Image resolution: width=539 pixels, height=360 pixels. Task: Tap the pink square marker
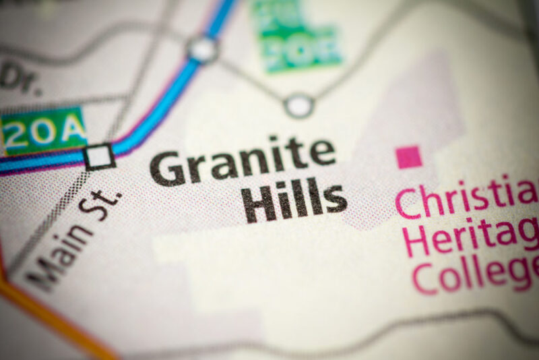(408, 157)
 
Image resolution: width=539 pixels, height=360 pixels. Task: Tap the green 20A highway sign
(44, 130)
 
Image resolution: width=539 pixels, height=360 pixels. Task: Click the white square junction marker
(100, 156)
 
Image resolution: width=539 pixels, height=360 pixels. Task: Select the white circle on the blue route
(202, 49)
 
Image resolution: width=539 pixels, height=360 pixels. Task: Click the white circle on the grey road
(298, 105)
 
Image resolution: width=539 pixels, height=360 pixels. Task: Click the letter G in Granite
(166, 168)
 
